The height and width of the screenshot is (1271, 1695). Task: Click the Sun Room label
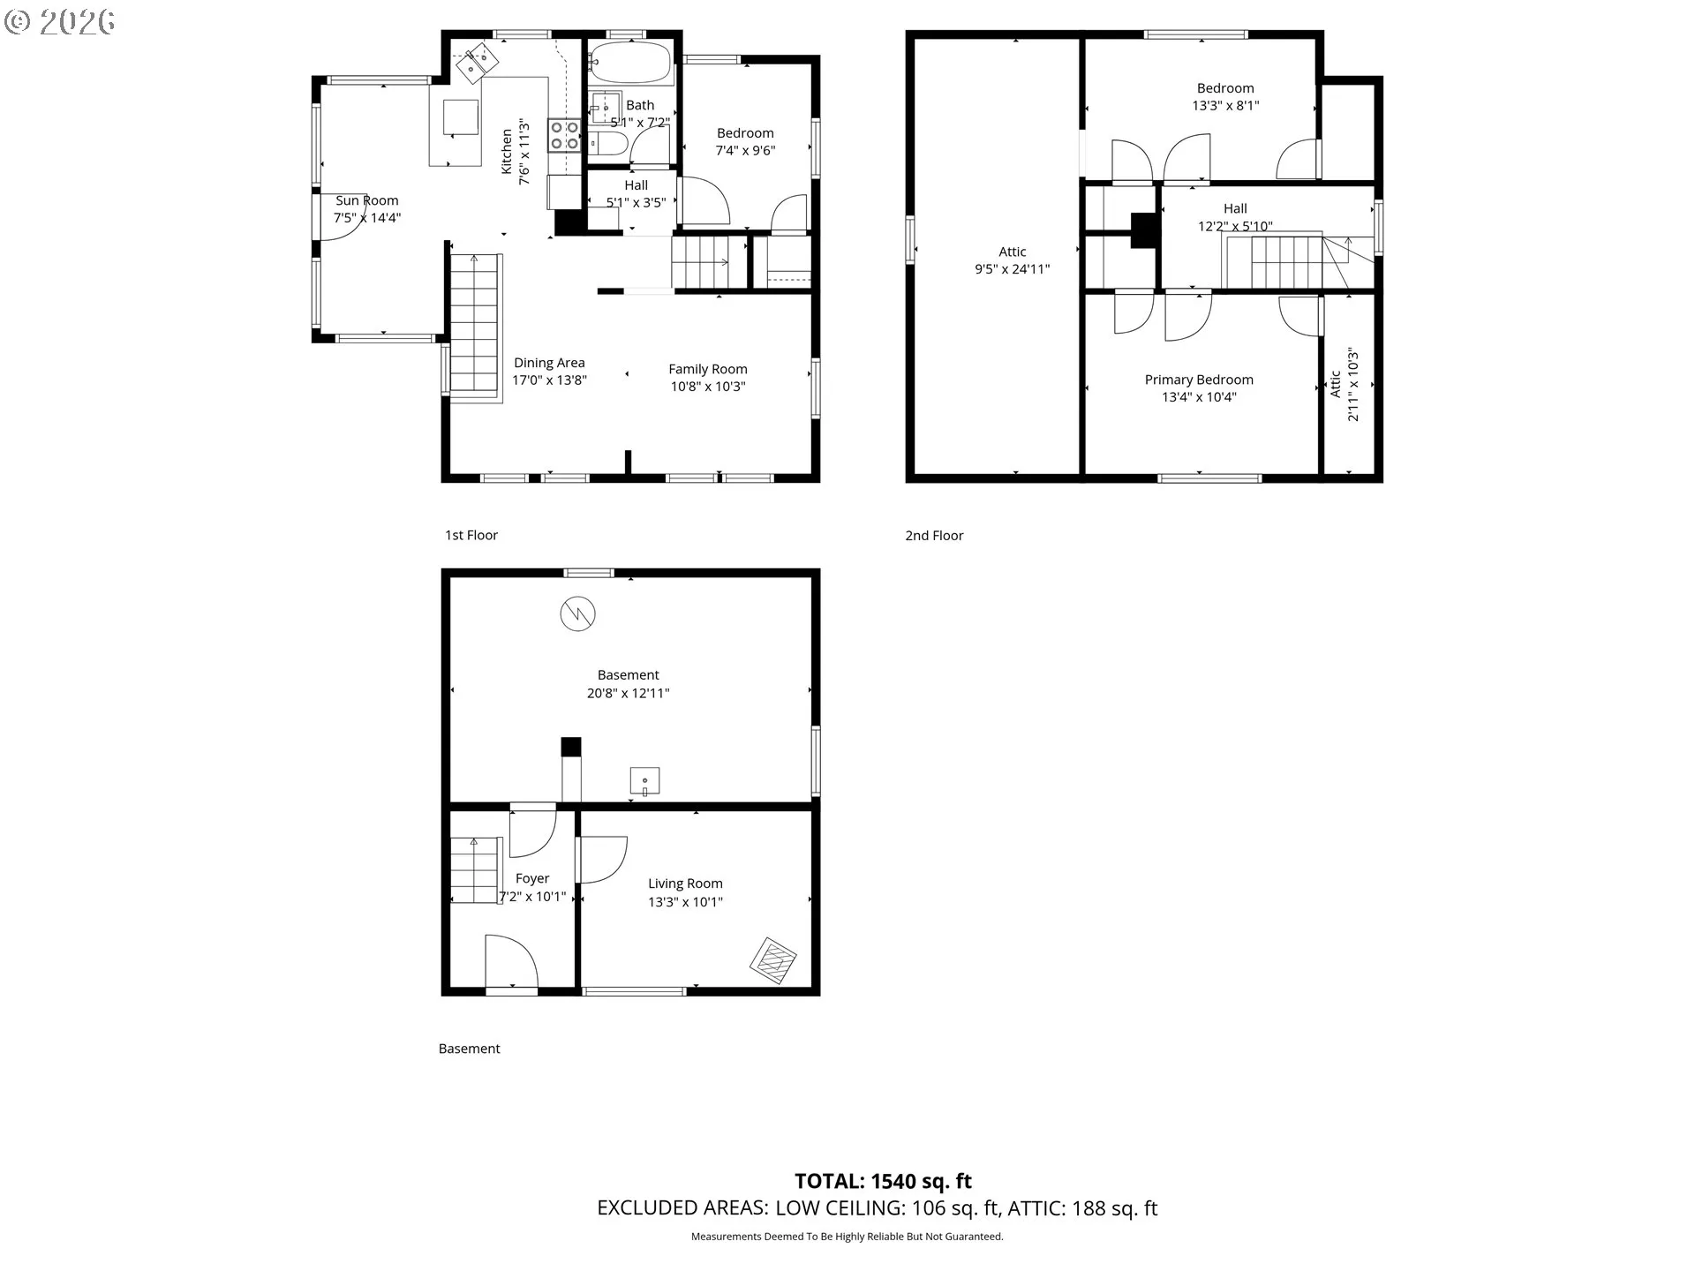click(x=366, y=200)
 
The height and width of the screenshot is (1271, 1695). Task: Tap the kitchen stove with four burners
click(x=565, y=135)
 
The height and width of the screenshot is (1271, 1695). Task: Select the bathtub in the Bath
click(x=629, y=63)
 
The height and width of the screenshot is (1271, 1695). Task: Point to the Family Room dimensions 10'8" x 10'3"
click(x=708, y=387)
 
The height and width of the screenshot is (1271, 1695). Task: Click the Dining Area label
click(x=549, y=363)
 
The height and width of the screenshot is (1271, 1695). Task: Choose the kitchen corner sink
click(x=477, y=62)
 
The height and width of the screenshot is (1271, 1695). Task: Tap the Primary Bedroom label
click(x=1199, y=380)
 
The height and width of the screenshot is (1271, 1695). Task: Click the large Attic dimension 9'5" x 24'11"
click(x=1013, y=269)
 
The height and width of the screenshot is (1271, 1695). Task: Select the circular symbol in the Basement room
click(x=578, y=613)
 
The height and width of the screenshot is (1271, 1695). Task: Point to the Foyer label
click(x=532, y=878)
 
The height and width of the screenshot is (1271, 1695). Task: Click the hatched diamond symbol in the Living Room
click(x=773, y=961)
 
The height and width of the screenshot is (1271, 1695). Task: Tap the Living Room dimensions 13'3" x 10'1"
click(x=685, y=902)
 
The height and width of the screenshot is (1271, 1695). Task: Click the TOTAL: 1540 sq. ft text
click(x=883, y=1181)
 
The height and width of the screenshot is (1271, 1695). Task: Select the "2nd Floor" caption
click(x=934, y=536)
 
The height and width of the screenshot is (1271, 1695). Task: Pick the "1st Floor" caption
click(x=471, y=535)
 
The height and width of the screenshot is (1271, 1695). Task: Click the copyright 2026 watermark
click(x=59, y=22)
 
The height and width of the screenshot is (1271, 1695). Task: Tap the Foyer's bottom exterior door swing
click(x=511, y=963)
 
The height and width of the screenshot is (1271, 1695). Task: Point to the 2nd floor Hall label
click(x=1235, y=208)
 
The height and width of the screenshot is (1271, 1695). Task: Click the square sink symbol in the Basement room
click(x=644, y=782)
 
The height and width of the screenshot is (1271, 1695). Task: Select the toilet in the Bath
click(x=608, y=143)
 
